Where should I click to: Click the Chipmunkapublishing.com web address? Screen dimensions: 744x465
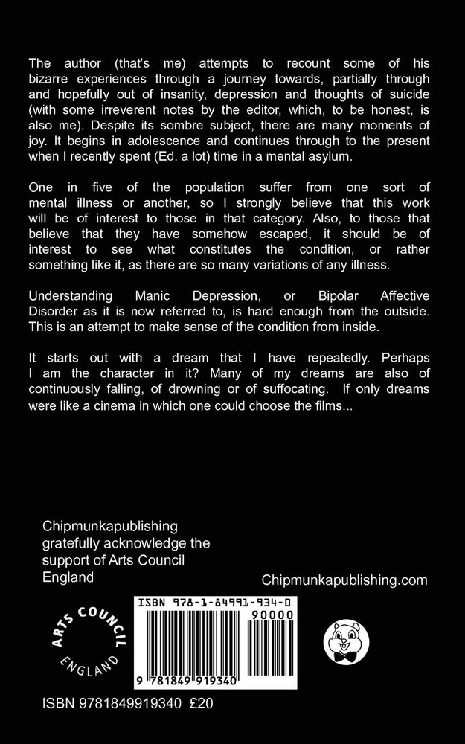(x=345, y=580)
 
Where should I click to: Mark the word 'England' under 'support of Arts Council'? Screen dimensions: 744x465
(x=68, y=577)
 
